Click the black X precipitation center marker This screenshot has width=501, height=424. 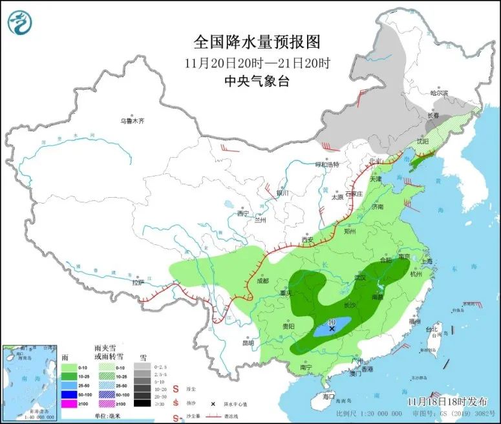332,328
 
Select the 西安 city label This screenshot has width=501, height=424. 307,240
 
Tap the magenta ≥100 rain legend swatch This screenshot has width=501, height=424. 69,403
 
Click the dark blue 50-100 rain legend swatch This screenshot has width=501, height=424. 69,393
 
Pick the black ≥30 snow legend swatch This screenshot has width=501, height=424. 140,403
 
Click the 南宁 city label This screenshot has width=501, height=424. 306,367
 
